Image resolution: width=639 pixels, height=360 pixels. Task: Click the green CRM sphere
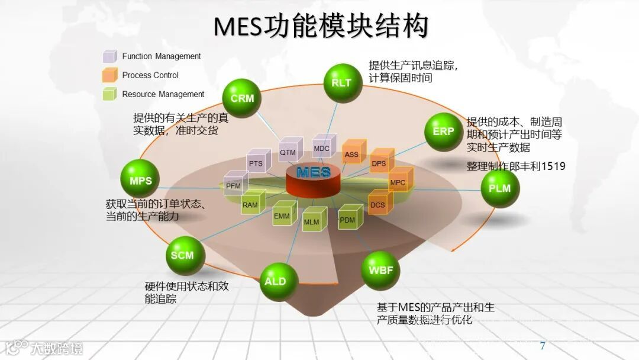[242, 98]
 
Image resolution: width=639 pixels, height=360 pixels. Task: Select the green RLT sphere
[342, 82]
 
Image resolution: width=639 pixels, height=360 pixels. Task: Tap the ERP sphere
[443, 131]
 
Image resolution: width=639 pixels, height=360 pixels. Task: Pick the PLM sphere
[500, 189]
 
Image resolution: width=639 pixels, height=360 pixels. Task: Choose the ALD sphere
[276, 281]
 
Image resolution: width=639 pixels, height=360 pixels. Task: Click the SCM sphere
[183, 255]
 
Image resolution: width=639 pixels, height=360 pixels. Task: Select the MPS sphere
[141, 181]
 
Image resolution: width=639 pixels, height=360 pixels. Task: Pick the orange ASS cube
[353, 153]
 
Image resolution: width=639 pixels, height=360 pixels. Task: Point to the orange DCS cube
[379, 204]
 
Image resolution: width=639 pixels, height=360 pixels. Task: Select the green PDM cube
[349, 218]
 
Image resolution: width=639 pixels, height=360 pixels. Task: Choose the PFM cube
[234, 184]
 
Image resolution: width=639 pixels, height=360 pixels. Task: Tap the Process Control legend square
[109, 75]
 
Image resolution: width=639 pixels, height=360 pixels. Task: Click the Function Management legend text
[162, 56]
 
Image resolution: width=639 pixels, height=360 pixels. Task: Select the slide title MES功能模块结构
[320, 26]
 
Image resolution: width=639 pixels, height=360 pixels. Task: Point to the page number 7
[543, 345]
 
